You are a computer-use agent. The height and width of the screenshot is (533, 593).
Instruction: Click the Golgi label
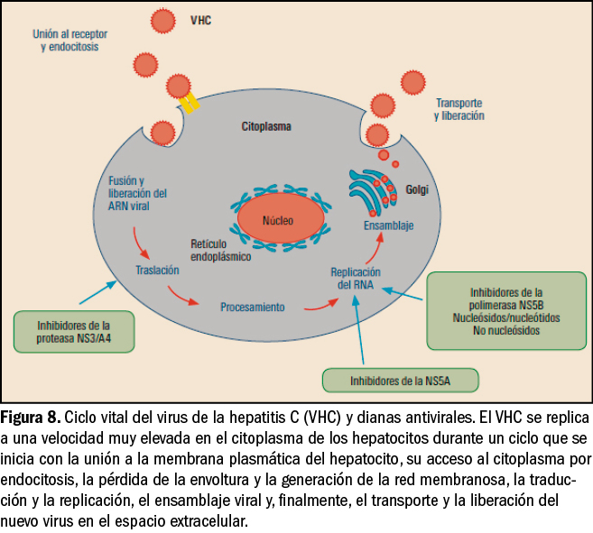tap(418, 191)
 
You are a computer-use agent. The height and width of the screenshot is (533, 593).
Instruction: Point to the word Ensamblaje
tap(388, 225)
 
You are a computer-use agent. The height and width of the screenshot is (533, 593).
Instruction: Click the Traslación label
tap(157, 270)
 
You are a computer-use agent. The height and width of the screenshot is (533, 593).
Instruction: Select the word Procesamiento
tap(253, 307)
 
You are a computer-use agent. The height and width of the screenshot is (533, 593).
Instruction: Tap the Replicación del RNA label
tap(356, 278)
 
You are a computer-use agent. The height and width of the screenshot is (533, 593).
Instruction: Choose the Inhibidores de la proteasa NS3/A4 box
tap(75, 331)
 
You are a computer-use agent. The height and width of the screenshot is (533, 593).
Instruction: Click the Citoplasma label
tap(265, 127)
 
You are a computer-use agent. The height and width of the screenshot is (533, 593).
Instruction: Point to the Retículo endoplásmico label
tap(220, 250)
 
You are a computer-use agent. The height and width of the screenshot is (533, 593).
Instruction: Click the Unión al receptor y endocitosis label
tap(70, 40)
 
